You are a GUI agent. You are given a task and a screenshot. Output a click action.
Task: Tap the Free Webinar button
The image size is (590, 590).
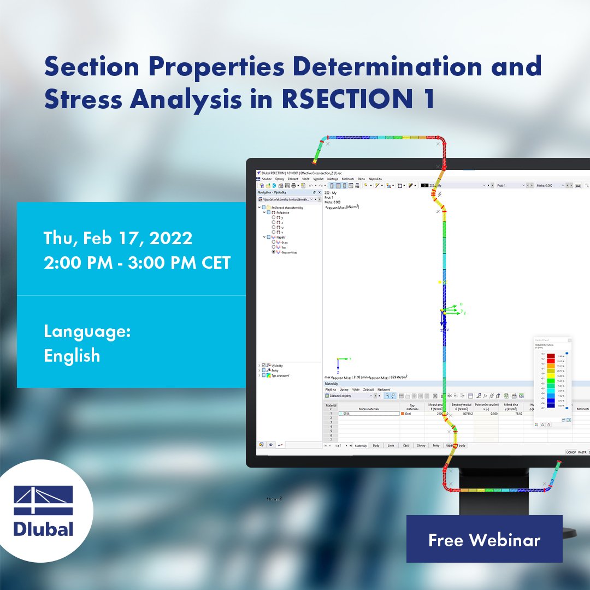pos(484,540)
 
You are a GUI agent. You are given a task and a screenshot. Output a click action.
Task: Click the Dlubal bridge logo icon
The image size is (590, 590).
pos(43,500)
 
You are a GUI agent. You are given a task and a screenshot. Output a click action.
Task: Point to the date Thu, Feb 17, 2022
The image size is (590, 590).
pos(118,238)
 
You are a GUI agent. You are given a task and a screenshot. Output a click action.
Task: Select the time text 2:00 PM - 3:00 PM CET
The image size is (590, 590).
pos(137,263)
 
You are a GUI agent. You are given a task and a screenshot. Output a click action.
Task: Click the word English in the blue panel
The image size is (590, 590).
pos(72,356)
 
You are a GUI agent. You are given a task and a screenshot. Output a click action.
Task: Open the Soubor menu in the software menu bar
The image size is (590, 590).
pos(267,179)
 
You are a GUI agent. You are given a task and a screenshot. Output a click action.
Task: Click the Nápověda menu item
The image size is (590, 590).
pos(375,179)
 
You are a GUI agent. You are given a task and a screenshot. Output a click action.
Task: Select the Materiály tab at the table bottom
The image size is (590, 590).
pos(361,446)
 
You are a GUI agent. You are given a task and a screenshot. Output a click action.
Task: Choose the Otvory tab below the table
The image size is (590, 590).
pos(421,446)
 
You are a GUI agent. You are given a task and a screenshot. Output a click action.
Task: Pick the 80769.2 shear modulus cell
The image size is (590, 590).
pos(468,414)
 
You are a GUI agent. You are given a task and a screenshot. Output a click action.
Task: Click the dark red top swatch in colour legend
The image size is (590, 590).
pos(551,356)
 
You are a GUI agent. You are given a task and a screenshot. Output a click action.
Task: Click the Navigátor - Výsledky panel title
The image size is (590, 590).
pos(279,192)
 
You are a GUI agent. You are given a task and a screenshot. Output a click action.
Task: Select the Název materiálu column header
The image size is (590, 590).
pos(369,408)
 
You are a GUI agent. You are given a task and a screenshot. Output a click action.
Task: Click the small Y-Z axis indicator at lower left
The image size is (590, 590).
pos(341,363)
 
